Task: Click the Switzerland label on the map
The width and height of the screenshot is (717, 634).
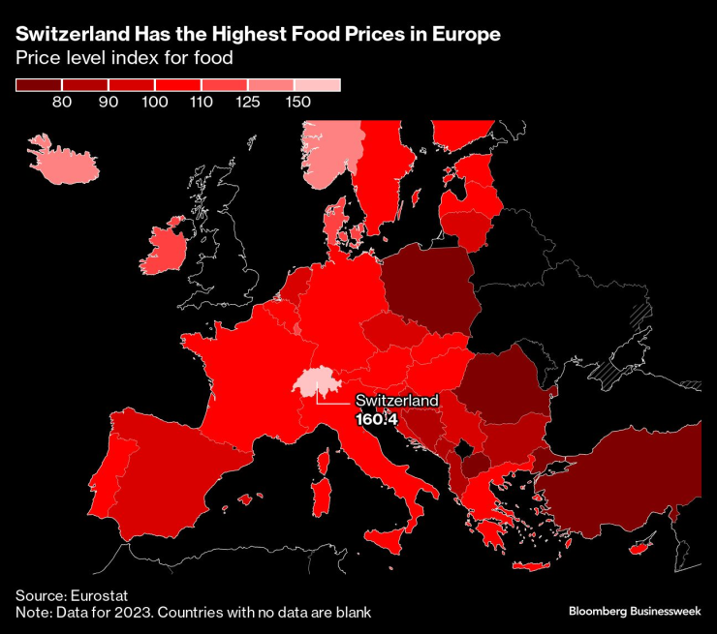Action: pyautogui.click(x=396, y=401)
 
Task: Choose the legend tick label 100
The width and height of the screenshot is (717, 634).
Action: pyautogui.click(x=155, y=102)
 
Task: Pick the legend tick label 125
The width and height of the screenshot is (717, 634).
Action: pyautogui.click(x=249, y=102)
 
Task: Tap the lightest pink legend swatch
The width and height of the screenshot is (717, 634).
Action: pyautogui.click(x=318, y=85)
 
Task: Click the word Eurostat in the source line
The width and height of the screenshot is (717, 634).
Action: pyautogui.click(x=101, y=595)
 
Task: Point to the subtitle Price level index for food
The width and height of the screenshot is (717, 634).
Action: pyautogui.click(x=124, y=58)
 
